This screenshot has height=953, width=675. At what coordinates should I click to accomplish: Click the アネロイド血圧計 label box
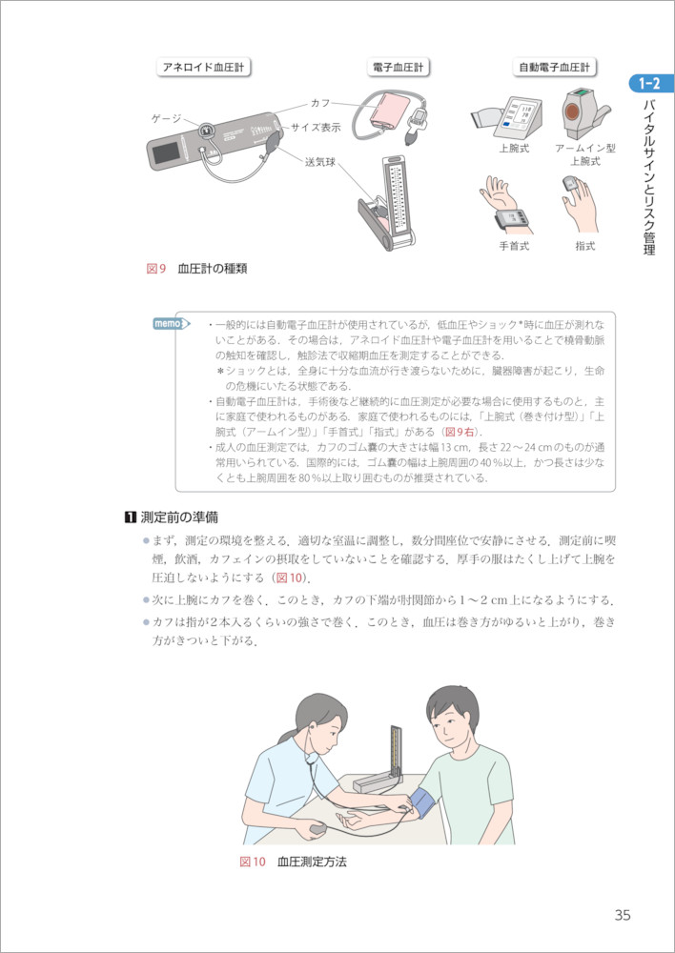(x=204, y=68)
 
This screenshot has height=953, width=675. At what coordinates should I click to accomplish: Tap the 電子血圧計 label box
(x=399, y=68)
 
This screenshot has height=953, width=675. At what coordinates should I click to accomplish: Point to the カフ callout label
(x=320, y=103)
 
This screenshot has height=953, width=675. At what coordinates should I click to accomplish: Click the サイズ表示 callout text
(x=316, y=128)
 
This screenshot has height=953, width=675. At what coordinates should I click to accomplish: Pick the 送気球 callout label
(x=320, y=162)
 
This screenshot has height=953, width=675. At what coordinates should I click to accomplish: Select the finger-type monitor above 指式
(x=570, y=183)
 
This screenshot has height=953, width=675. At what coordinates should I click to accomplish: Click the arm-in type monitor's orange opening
(x=572, y=112)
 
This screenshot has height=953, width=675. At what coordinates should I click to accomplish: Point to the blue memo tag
(x=171, y=323)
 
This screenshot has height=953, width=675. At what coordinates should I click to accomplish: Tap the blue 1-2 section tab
(x=650, y=84)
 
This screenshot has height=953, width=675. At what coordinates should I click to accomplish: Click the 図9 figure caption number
(x=156, y=269)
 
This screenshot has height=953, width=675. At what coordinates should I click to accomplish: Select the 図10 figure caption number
(x=253, y=862)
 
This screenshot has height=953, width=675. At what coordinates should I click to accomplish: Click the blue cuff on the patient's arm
(x=424, y=803)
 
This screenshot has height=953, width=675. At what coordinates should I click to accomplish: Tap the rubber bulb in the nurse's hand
(x=318, y=828)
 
